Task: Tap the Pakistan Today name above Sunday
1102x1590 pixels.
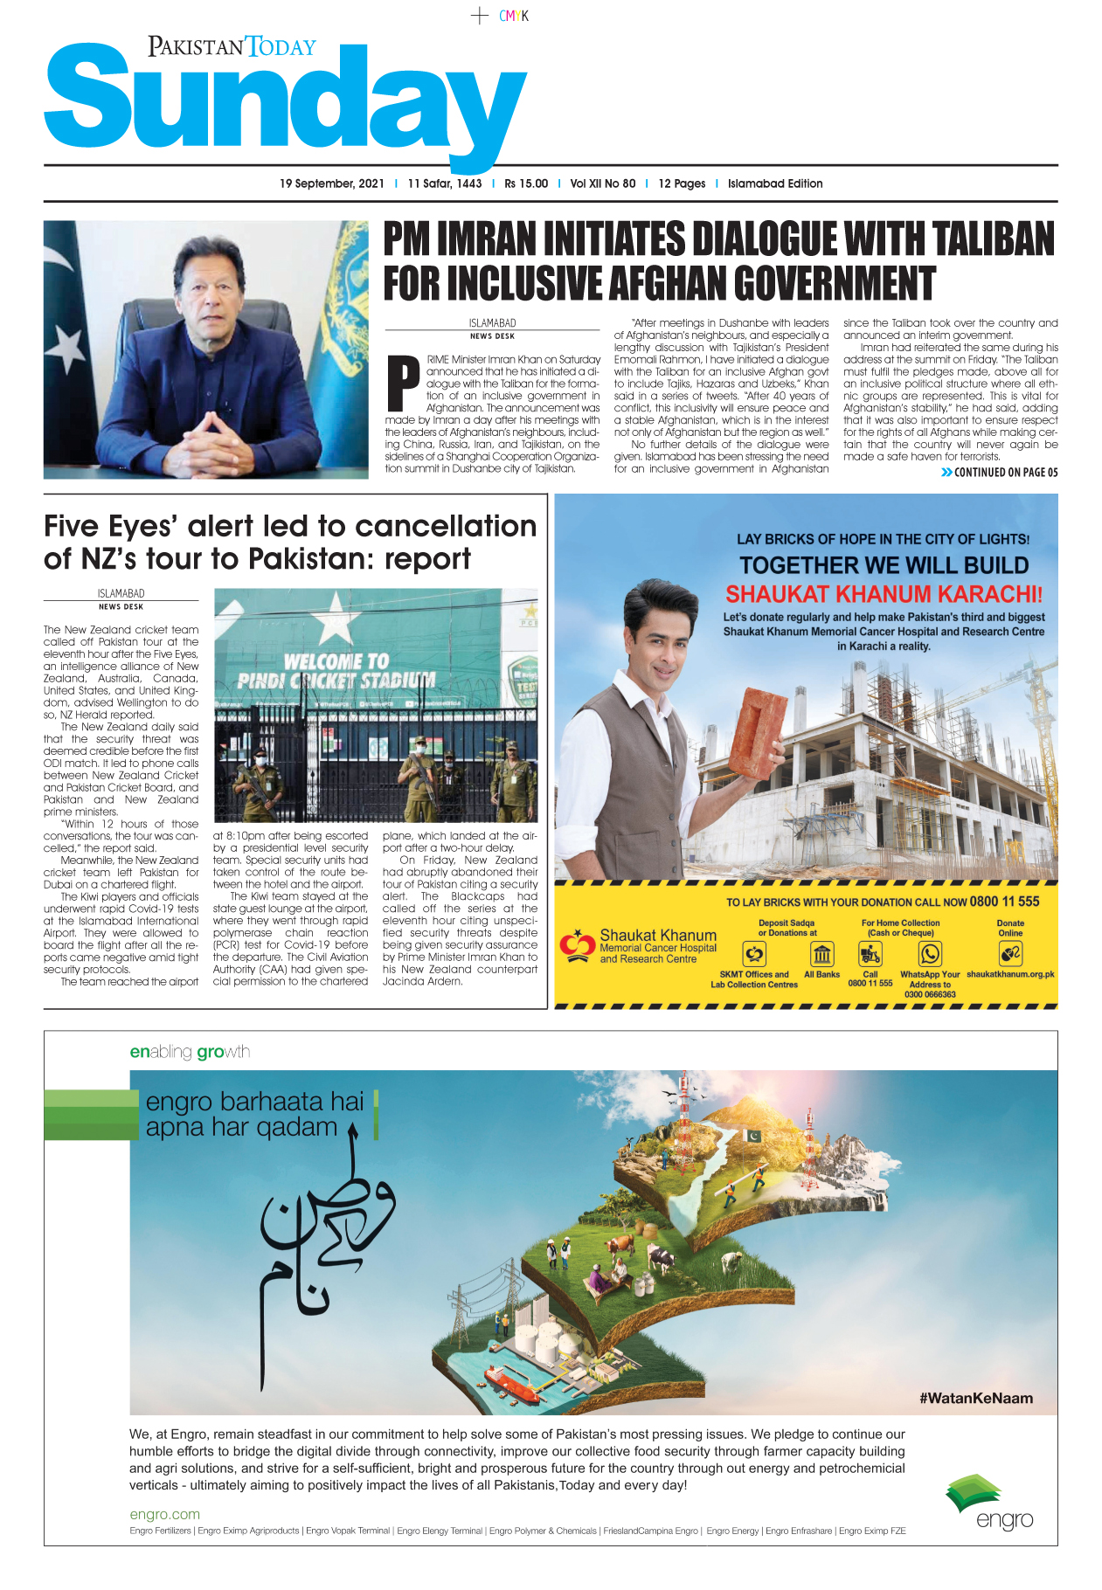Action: [x=232, y=46]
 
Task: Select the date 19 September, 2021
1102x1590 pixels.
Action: [x=332, y=183]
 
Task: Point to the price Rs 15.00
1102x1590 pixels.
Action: [x=526, y=183]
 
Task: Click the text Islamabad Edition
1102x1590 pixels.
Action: [x=775, y=183]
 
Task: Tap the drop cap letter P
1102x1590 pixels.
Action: [x=404, y=383]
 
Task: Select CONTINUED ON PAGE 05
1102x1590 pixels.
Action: [x=1005, y=473]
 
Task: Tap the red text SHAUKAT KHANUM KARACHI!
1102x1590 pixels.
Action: [x=884, y=594]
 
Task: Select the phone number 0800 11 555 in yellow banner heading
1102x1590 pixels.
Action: [x=1004, y=902]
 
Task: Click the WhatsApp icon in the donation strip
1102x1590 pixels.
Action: [x=930, y=954]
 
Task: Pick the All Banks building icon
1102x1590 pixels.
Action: [x=821, y=954]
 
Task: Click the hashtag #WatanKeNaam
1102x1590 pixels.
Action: [x=975, y=1398]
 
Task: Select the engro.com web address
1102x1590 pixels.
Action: [x=164, y=1514]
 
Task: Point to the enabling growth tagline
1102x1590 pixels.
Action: [x=190, y=1052]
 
